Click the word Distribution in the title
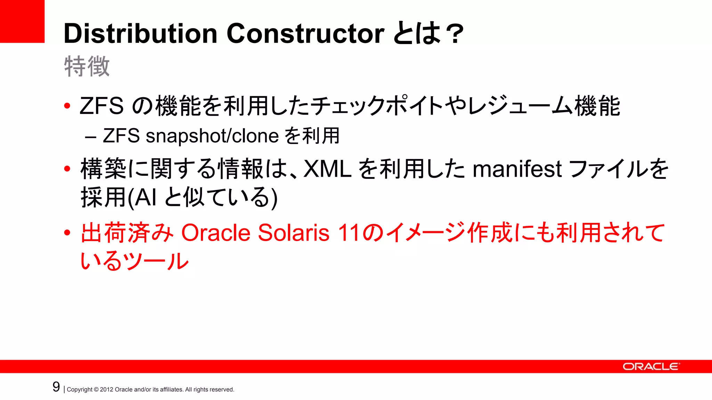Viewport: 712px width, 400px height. click(x=140, y=33)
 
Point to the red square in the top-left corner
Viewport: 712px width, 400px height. click(x=22, y=21)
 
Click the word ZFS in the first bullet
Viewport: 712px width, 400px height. click(x=102, y=106)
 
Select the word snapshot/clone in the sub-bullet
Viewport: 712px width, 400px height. click(x=212, y=135)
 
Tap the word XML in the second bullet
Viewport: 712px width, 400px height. click(x=327, y=169)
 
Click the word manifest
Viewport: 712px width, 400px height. click(x=517, y=169)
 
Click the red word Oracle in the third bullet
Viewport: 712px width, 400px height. click(x=216, y=232)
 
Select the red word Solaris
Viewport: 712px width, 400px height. click(x=293, y=232)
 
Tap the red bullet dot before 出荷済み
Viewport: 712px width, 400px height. click(x=67, y=232)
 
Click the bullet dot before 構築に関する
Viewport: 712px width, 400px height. click(x=67, y=169)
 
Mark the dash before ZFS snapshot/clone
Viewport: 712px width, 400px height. click(x=90, y=136)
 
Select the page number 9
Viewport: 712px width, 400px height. click(x=56, y=387)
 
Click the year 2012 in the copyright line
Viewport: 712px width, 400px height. click(x=106, y=390)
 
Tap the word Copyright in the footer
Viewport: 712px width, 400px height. click(x=80, y=390)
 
